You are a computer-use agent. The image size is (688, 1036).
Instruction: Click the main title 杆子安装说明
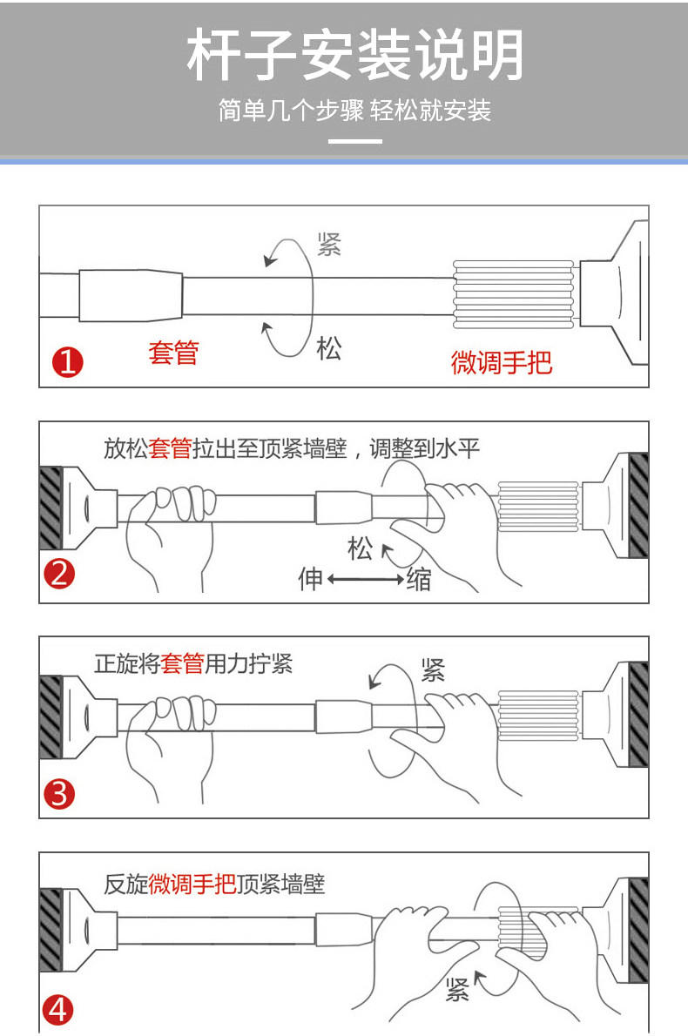coord(355,55)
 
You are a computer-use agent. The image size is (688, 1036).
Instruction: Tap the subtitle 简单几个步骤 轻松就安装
coord(355,111)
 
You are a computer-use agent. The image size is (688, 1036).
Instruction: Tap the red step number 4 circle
coord(59,1010)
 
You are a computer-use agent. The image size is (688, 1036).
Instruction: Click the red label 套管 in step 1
coord(173,353)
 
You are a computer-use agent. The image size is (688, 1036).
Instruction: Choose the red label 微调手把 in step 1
coord(501,361)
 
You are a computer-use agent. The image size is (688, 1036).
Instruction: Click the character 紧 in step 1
coord(329,245)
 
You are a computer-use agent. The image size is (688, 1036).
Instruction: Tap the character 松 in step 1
coord(329,349)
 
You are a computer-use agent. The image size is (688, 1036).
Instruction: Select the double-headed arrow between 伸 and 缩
coord(366,578)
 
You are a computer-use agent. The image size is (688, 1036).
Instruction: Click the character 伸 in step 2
coord(311,578)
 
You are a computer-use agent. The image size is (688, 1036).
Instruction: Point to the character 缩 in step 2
coord(419,579)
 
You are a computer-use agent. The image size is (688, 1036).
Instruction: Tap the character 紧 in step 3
coord(433,669)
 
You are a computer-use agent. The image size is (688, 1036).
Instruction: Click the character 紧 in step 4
coord(457,989)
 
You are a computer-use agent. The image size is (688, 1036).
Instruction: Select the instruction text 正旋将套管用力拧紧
coord(193,664)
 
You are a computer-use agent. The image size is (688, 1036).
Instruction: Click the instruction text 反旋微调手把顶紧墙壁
coord(214,885)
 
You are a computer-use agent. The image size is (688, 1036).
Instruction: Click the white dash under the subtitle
coord(355,140)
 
